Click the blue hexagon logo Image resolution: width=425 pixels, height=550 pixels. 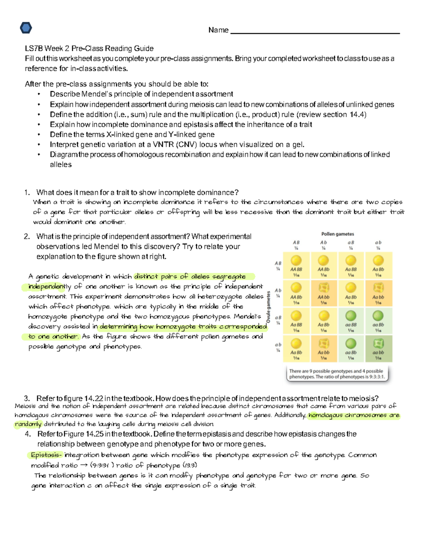tap(26, 28)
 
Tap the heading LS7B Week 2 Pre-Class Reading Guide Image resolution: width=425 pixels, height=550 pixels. tap(89, 49)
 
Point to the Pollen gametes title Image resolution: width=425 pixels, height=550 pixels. tap(338, 234)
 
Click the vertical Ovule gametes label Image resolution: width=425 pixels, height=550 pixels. tap(268, 307)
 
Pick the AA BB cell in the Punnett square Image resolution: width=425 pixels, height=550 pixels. tap(296, 266)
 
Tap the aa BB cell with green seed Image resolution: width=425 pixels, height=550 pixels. tap(351, 321)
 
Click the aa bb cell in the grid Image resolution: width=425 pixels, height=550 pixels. tap(378, 348)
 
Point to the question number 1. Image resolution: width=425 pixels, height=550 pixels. tap(27, 193)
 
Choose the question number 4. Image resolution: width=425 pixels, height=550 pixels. tap(28, 434)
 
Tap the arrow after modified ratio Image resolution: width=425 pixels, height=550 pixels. tap(84, 465)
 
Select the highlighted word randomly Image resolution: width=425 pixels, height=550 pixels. tap(28, 424)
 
